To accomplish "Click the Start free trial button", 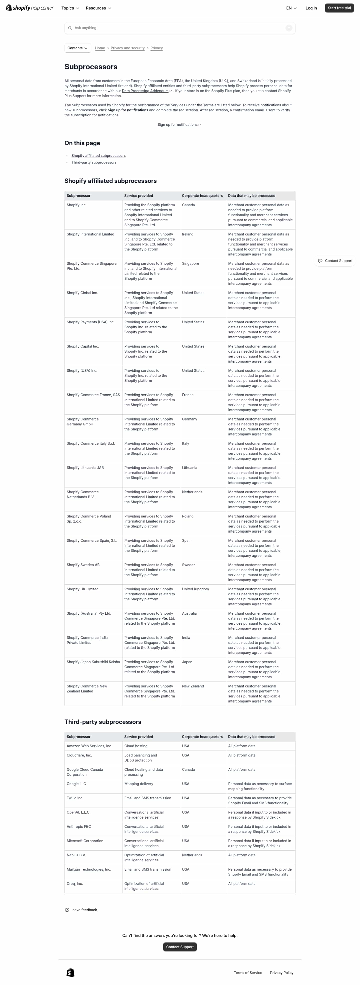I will click(x=339, y=8).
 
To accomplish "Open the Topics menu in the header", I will click(x=70, y=8).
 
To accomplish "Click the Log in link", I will click(x=311, y=8).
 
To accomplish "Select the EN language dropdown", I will click(x=291, y=8).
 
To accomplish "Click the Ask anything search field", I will click(x=176, y=28).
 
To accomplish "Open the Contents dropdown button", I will click(x=77, y=48).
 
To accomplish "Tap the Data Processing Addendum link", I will click(x=145, y=91).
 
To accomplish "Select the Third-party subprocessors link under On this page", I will click(x=94, y=162).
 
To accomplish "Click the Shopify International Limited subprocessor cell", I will click(x=90, y=234).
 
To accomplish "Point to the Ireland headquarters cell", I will click(x=188, y=234).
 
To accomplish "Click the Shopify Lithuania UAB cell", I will click(x=85, y=468).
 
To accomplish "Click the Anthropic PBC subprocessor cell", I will click(x=79, y=826).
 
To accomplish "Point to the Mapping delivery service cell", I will click(x=139, y=784).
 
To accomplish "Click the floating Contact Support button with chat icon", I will click(x=335, y=261).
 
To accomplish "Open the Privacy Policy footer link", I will click(x=282, y=973).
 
